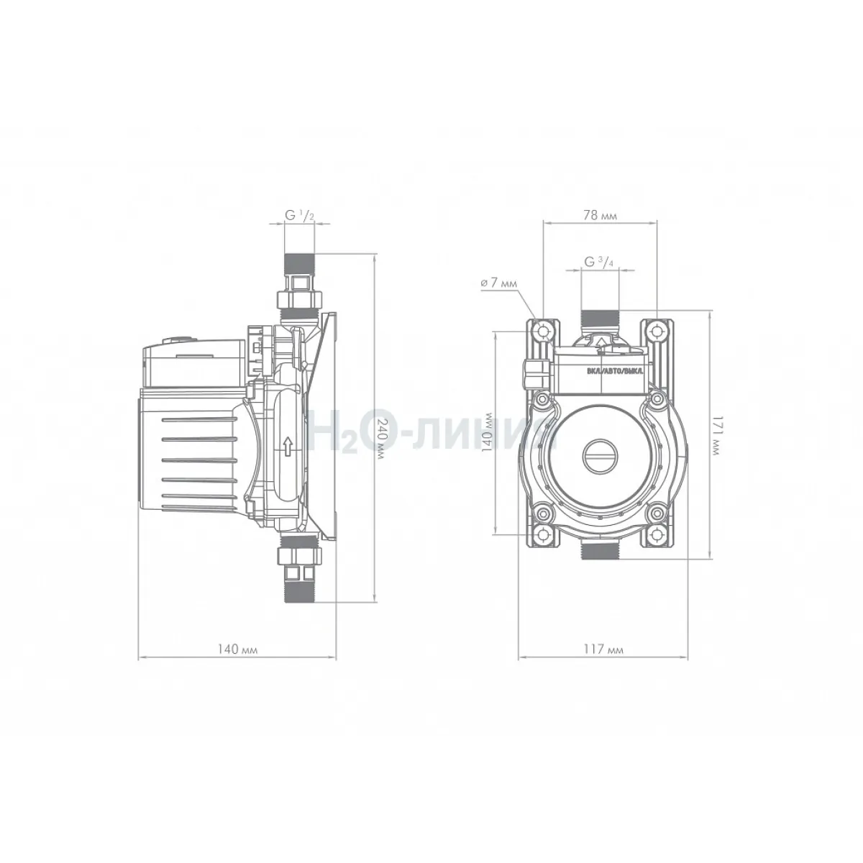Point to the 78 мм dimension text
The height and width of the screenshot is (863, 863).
tap(600, 216)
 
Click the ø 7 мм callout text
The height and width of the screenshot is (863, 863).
tap(498, 283)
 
